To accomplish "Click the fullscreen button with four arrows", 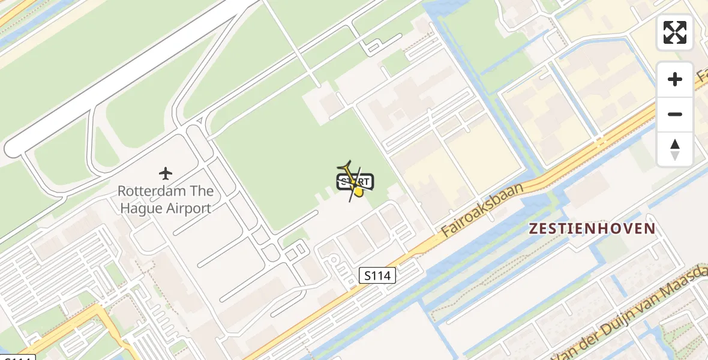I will pyautogui.click(x=675, y=32).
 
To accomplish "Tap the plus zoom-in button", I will pyautogui.click(x=675, y=79).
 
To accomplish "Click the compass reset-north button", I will pyautogui.click(x=675, y=149).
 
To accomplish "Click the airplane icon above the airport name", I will pyautogui.click(x=166, y=174).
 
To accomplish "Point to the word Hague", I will pyautogui.click(x=139, y=209).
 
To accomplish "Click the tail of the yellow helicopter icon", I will pyautogui.click(x=344, y=166).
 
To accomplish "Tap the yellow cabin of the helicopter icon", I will pyautogui.click(x=358, y=191).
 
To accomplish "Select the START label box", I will pyautogui.click(x=356, y=182).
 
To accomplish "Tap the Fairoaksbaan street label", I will pyautogui.click(x=481, y=209).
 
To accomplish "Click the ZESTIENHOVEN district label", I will pyautogui.click(x=592, y=229).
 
